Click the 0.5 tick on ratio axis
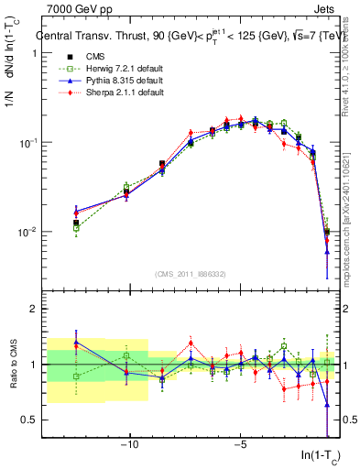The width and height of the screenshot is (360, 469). click(28, 420)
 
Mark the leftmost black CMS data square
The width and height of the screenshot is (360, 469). click(76, 223)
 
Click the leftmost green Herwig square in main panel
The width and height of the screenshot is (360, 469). click(76, 228)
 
